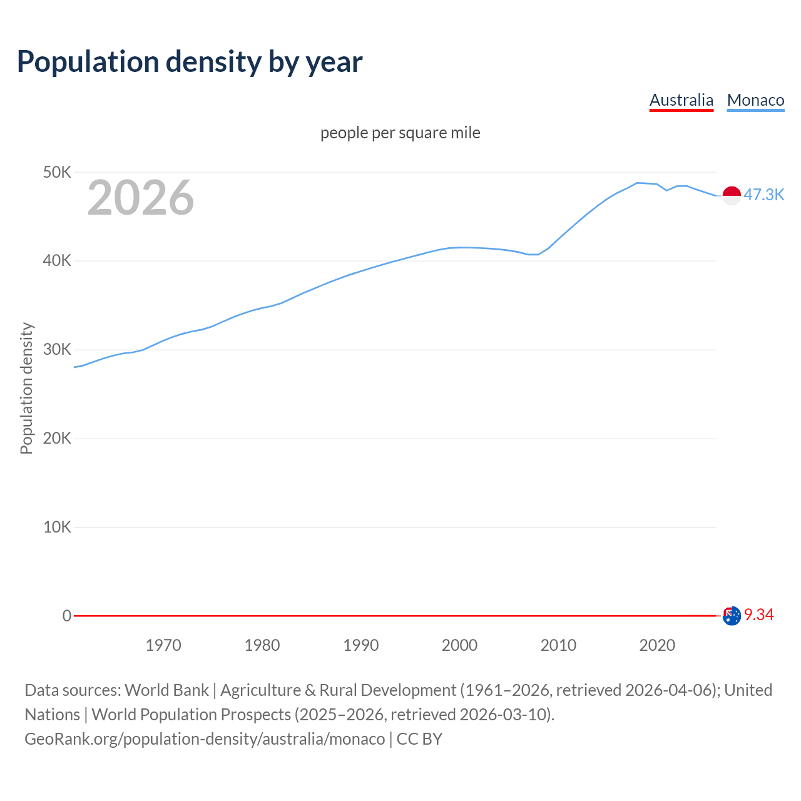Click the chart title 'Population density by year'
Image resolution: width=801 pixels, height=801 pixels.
coord(190,61)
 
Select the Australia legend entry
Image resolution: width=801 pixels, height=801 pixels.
coord(681,100)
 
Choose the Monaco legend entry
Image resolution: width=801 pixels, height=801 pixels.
coord(755,100)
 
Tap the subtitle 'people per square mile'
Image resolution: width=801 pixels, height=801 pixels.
coord(400,133)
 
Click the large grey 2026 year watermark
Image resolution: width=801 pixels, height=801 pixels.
coord(141,198)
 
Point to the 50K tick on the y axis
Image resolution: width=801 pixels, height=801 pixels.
coord(57,172)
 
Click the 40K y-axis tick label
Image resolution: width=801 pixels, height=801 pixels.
coord(57,261)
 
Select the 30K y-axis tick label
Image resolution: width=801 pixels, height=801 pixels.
coord(57,350)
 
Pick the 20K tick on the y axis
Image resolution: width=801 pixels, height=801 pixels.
coord(57,439)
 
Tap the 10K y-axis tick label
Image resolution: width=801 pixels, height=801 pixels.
coord(57,528)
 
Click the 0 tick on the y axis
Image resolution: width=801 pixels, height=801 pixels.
coord(67,616)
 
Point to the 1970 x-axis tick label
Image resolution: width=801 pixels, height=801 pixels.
coord(163,645)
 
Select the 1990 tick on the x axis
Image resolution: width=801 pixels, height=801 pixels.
coord(361,645)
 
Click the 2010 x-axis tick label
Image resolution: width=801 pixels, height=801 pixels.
coord(558,645)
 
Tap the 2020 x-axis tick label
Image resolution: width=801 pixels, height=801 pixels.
coord(657,645)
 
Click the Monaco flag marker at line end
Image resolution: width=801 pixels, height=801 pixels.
coord(732,195)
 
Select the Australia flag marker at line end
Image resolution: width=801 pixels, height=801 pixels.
coord(732,616)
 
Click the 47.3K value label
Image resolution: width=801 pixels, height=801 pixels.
coord(763,195)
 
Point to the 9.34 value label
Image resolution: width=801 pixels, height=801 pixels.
coord(759,615)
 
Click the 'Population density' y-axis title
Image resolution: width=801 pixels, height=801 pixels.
coord(26,388)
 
